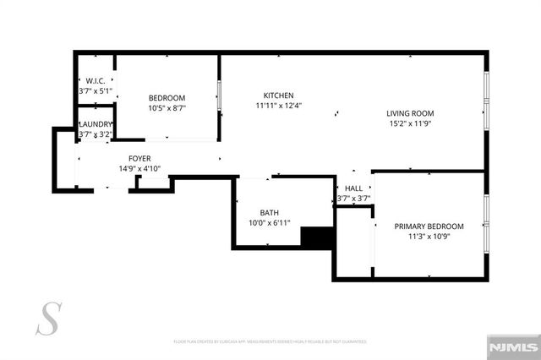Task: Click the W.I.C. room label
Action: point(94,81)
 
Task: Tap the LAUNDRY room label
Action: point(96,124)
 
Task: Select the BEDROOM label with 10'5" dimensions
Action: point(167,97)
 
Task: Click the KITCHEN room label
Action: point(278,95)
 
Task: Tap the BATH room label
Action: point(270,213)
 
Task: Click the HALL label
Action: point(353,189)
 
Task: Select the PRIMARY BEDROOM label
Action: point(429,226)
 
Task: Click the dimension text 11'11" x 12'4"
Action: point(278,106)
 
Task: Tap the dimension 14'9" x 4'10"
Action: point(139,169)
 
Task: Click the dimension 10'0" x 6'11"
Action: point(270,223)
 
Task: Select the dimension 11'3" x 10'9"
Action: point(429,237)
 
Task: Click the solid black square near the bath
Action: point(319,237)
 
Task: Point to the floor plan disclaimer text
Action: point(270,342)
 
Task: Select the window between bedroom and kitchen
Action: point(220,97)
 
